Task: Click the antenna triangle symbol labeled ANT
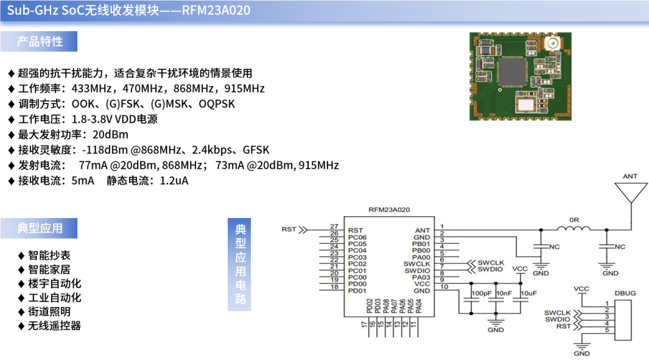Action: coord(630,191)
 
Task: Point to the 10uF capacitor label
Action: coord(528,293)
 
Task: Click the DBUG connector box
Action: coord(625,319)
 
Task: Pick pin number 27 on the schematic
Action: coord(334,226)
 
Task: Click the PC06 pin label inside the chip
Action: coord(357,237)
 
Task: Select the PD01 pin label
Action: coord(357,291)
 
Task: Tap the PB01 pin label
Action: coord(421,244)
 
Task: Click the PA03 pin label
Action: coord(421,277)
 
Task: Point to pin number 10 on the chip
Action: coord(444,286)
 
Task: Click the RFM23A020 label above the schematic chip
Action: coord(389,210)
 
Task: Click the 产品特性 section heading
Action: coord(40,41)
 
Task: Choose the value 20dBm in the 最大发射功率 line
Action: coord(110,135)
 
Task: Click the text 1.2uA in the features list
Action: coord(174,181)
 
